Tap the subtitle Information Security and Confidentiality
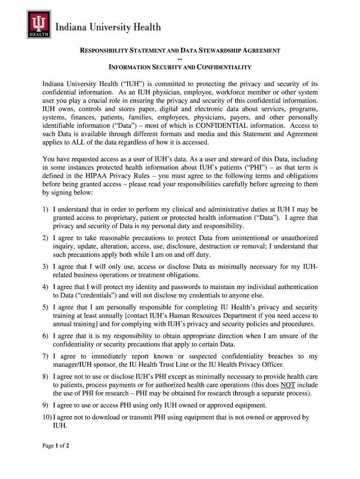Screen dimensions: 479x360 pos(180,67)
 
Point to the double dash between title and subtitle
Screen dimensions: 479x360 pos(180,59)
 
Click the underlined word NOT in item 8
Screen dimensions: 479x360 pos(287,385)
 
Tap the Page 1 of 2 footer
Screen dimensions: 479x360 pos(56,446)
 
